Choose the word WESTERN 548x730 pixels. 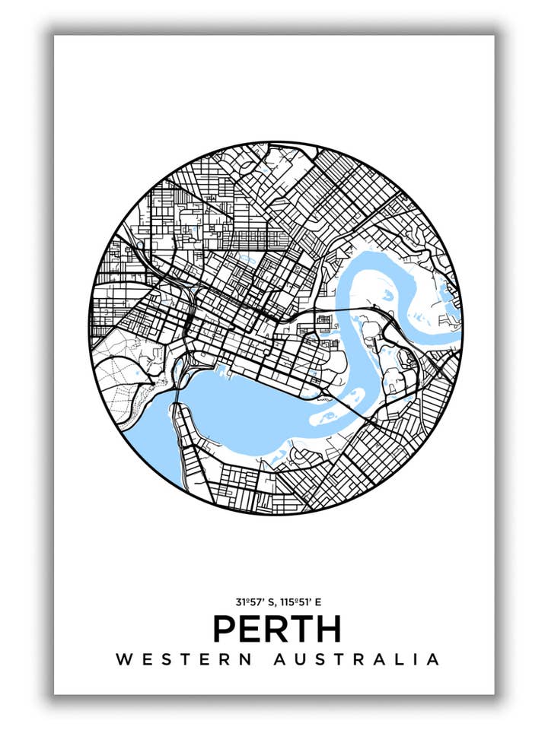(184, 659)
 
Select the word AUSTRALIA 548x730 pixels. (357, 659)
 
